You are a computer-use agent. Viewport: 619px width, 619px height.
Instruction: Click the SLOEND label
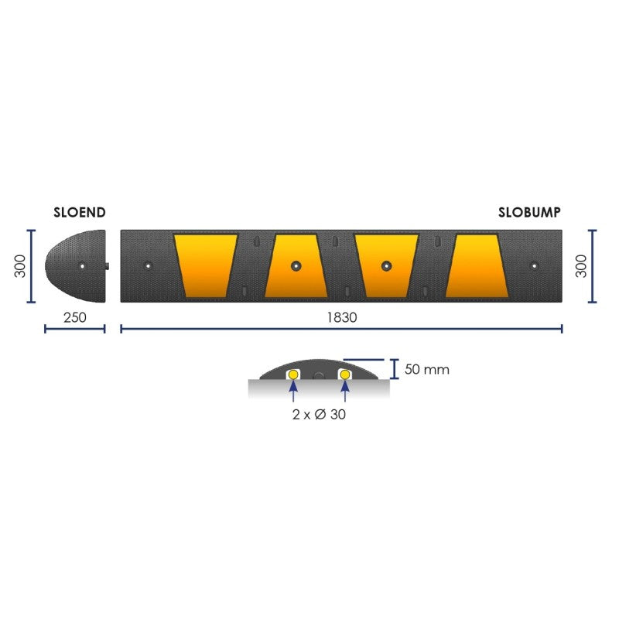[x=80, y=212]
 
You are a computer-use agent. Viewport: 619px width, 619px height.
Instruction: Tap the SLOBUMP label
[x=529, y=212]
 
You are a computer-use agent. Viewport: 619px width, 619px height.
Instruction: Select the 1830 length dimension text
[x=342, y=317]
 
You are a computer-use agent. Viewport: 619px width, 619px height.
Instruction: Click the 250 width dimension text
[x=75, y=317]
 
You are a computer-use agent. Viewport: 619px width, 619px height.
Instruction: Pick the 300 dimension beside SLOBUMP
[x=581, y=265]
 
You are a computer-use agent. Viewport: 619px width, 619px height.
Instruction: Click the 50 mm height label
[x=426, y=369]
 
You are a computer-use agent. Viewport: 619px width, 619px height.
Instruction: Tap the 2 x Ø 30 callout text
[x=319, y=415]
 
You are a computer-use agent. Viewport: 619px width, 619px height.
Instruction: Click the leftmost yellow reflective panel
[x=204, y=265]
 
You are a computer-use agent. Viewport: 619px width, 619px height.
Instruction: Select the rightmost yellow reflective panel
[x=477, y=265]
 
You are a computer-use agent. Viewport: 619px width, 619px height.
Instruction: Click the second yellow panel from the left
[x=295, y=265]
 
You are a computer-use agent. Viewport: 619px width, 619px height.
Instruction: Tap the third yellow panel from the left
[x=386, y=265]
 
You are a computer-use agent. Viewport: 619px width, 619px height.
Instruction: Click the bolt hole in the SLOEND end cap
[x=82, y=266]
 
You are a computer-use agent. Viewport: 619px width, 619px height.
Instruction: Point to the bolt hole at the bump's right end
[x=532, y=266]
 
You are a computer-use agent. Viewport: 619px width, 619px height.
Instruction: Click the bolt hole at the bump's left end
[x=148, y=266]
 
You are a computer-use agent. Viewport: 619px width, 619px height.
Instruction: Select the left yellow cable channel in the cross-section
[x=293, y=374]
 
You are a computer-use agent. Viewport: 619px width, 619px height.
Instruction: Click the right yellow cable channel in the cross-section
[x=344, y=374]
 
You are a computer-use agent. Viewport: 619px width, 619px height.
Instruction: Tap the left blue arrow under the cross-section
[x=293, y=393]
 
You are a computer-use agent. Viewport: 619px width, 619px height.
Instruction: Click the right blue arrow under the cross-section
[x=344, y=393]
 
